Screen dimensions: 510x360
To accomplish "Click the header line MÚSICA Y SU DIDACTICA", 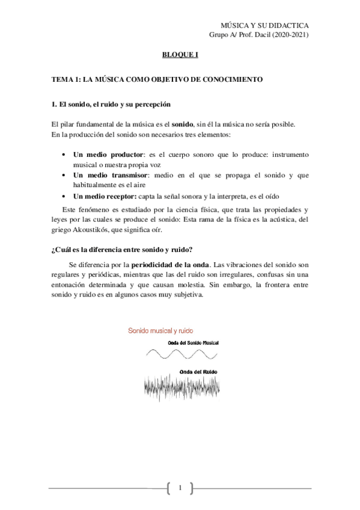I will tap(265, 26).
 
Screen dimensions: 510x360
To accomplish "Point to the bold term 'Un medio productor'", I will tap(108, 155).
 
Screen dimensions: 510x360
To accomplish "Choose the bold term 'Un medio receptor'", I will tap(105, 196).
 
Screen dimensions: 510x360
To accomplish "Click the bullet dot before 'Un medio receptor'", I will tap(64, 196).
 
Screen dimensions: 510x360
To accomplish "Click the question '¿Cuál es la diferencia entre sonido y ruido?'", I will tap(123, 250).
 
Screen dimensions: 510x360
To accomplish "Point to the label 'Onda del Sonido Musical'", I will tap(193, 342).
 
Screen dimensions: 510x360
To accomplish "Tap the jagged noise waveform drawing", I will tap(182, 388).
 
